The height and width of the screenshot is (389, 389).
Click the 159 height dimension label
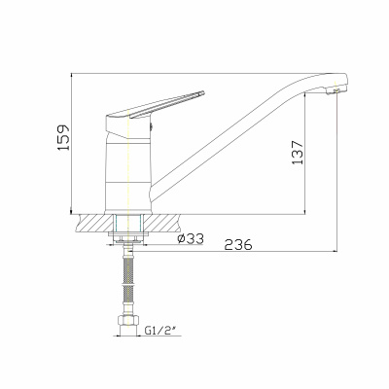point(64,137)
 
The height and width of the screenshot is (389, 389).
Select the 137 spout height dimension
point(298,153)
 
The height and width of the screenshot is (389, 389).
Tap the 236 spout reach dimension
point(238,245)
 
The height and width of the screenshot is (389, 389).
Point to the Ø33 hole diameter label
point(191,239)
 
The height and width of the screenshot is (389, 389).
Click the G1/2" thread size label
point(160,331)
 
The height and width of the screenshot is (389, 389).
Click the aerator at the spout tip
point(334,91)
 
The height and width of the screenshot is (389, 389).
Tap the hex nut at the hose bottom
point(128,320)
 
